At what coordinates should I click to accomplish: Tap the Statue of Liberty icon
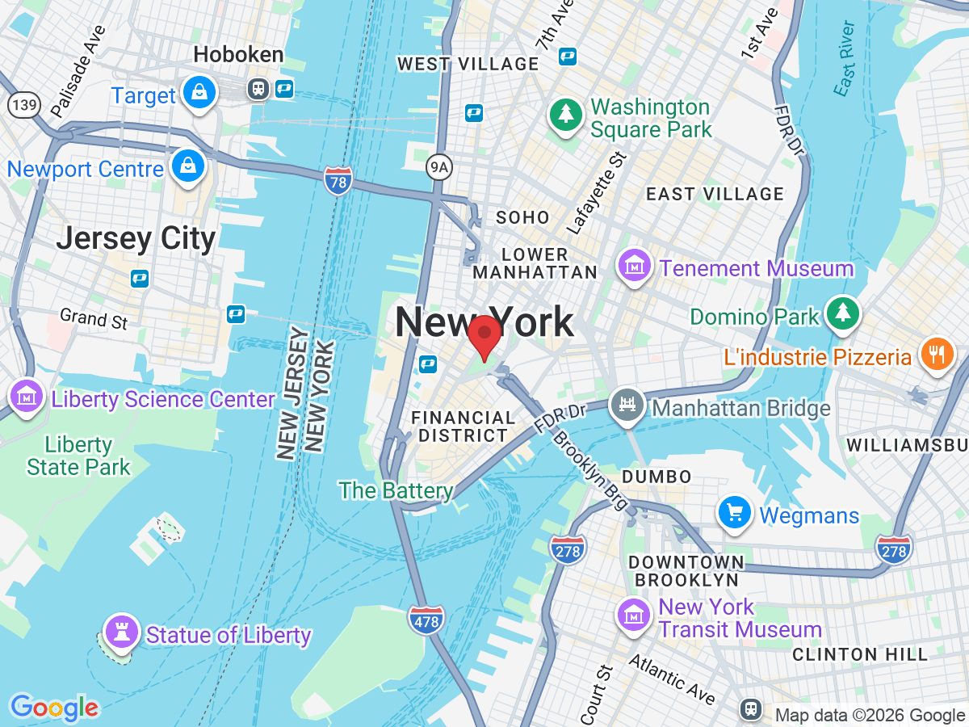click(122, 631)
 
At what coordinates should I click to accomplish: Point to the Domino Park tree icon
click(842, 312)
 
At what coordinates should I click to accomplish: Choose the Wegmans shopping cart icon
click(735, 512)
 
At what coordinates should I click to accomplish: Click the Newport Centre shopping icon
click(188, 166)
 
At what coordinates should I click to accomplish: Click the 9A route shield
click(437, 166)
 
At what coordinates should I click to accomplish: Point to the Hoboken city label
click(239, 55)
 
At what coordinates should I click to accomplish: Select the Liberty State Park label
click(78, 456)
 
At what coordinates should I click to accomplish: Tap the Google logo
click(54, 708)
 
